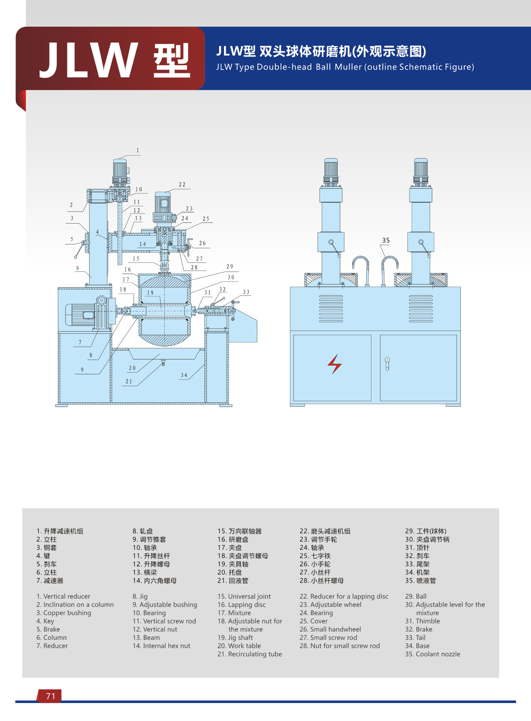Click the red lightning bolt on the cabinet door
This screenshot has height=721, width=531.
(335, 364)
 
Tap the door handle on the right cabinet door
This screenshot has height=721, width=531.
(387, 364)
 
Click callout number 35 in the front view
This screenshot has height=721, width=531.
(386, 240)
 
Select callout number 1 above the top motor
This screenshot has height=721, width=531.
(138, 150)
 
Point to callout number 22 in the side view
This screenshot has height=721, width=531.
(182, 185)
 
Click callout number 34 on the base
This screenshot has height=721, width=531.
(184, 375)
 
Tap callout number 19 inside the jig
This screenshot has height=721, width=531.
(150, 293)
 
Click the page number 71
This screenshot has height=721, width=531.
(50, 696)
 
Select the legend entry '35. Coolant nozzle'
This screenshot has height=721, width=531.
(433, 654)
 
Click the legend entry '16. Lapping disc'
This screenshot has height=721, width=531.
(242, 605)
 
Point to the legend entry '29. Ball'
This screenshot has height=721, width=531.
(416, 596)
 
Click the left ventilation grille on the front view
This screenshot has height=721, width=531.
(331, 309)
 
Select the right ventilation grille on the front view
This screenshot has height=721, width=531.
(421, 309)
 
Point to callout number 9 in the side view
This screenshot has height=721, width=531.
(82, 370)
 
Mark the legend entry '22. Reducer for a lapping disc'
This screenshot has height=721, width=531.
(344, 596)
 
